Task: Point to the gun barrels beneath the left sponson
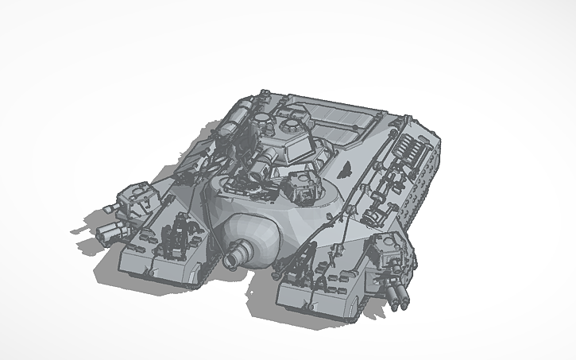112,230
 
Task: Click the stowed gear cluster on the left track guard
180,235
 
